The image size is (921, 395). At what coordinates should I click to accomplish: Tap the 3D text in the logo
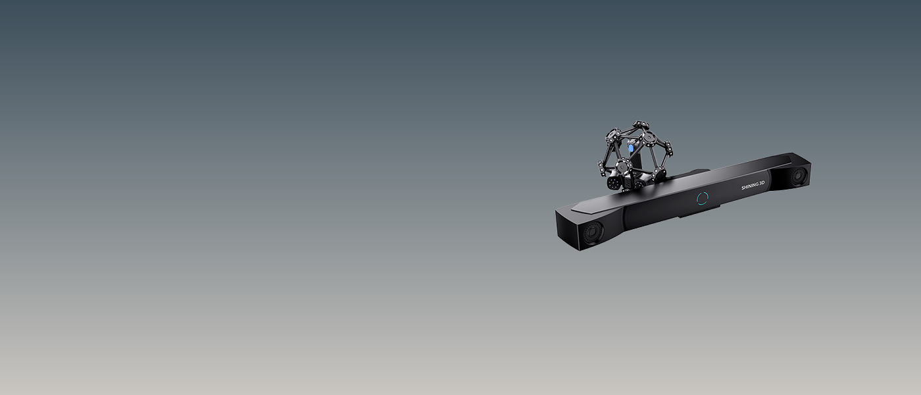[x=762, y=184]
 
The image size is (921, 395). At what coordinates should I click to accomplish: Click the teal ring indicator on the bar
[x=703, y=198]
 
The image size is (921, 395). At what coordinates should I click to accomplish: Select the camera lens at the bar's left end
[x=592, y=232]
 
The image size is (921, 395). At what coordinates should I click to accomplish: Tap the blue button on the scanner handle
[x=631, y=147]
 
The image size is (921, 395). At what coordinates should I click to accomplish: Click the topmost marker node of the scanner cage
[x=640, y=124]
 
